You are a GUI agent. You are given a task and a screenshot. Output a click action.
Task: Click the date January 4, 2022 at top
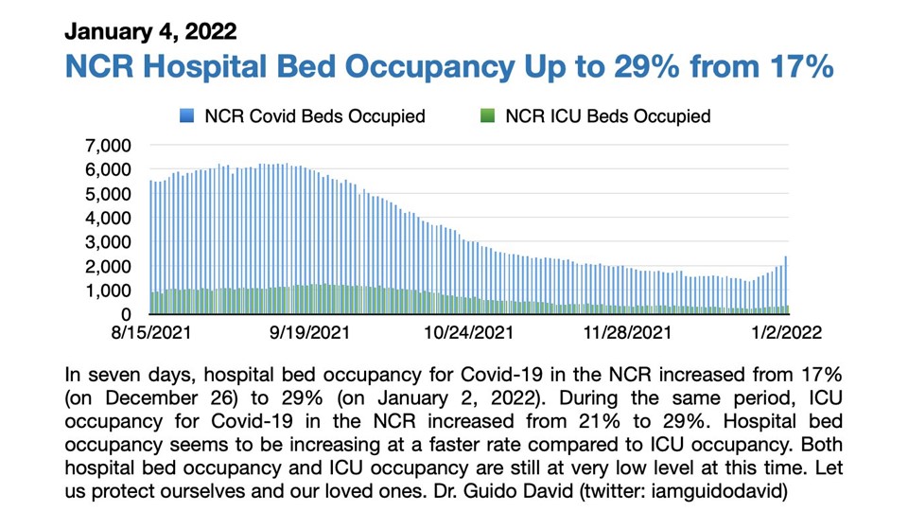coord(150,31)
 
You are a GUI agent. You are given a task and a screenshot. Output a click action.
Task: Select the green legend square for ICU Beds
coord(488,116)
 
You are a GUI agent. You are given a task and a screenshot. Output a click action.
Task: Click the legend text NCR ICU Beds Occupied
coord(607,116)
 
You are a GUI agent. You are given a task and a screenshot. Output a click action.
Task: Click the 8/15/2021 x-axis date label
coord(151,333)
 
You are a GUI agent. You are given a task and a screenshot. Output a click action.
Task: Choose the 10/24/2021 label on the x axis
coord(470,333)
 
